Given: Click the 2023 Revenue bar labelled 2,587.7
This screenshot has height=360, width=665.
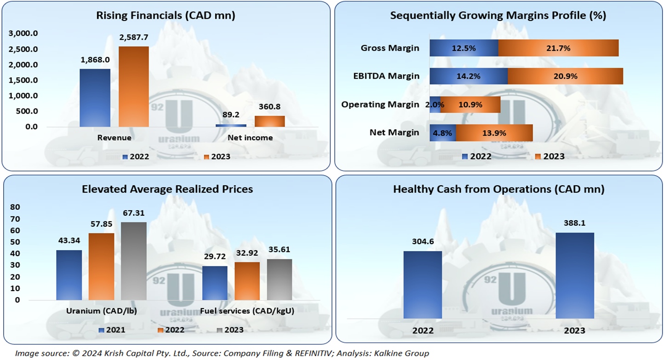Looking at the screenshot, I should click(x=133, y=86).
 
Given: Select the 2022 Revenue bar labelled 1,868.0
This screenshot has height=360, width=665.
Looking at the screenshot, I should click(x=95, y=98).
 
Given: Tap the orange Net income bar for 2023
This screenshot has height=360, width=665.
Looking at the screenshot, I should click(x=269, y=121).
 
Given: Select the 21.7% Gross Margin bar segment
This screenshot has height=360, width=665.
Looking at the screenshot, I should click(x=558, y=48).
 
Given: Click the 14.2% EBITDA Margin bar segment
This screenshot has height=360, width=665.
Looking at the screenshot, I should click(x=469, y=76).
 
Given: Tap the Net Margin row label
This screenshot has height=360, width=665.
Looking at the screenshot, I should click(x=394, y=133).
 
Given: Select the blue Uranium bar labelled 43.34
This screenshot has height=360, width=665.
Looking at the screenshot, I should click(x=69, y=275).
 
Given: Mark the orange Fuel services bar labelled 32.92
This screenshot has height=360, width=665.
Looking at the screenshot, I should click(x=247, y=281).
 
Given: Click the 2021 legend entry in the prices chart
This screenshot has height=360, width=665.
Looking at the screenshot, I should click(x=112, y=330).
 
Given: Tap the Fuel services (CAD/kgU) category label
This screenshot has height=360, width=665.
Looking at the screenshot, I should click(x=247, y=311).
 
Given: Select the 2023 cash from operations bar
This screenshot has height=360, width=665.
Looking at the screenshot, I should click(x=575, y=275).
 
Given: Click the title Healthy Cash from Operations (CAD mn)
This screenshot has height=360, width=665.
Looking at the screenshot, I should click(x=499, y=189).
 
